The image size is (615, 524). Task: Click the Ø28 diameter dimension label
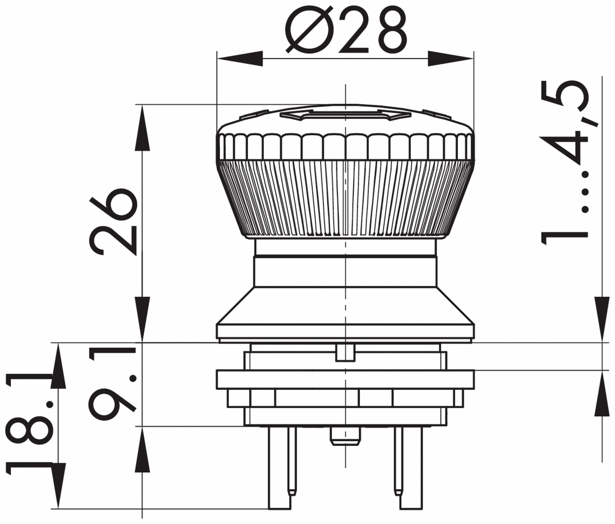pos(346,30)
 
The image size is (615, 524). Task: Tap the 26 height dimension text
pos(113,222)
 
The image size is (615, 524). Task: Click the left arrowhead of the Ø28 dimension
pos(240,58)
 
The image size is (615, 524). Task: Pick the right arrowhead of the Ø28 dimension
pos(451,58)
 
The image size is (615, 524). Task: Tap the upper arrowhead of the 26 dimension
pos(142,128)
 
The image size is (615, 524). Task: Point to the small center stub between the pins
pos(345,436)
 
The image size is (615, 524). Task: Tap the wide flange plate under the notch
pos(345,380)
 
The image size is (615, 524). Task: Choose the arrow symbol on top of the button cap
pos(345,115)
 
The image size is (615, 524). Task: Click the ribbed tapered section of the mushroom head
pos(345,198)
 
